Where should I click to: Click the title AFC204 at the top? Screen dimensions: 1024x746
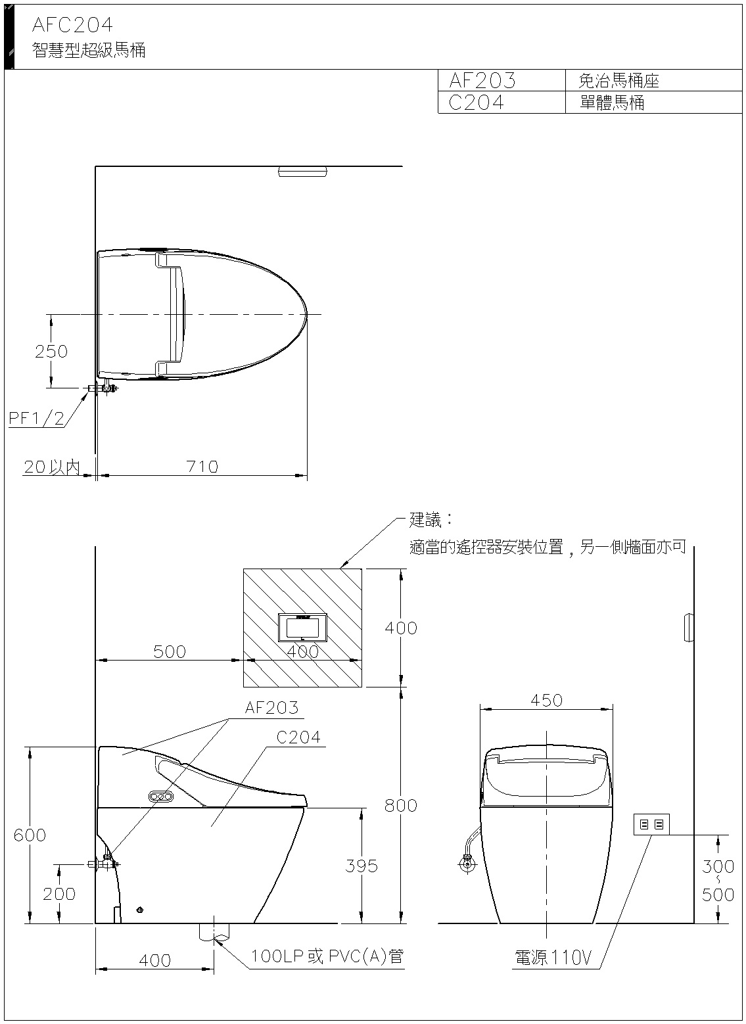(x=72, y=25)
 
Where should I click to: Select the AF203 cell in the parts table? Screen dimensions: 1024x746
(x=482, y=81)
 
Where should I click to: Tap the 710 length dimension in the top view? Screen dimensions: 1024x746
(x=202, y=466)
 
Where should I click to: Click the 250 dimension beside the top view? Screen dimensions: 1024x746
(x=51, y=351)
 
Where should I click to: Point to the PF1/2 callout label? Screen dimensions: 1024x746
(x=37, y=419)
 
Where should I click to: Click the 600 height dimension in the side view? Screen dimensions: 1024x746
(x=30, y=835)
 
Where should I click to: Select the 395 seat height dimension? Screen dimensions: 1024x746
(x=361, y=866)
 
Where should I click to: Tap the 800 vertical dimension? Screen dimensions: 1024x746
(x=401, y=805)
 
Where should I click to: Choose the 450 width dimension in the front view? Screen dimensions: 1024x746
(x=547, y=701)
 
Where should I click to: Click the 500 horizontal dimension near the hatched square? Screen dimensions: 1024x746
(x=170, y=651)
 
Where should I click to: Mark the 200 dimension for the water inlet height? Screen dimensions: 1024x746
(x=59, y=893)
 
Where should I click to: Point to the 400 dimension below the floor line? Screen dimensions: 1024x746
(x=155, y=960)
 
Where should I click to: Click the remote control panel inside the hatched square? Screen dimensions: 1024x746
(x=303, y=627)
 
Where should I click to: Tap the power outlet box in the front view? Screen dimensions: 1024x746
(x=651, y=824)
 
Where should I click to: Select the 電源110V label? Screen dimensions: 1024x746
(x=553, y=958)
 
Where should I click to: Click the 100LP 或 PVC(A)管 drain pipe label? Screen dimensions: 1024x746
(x=327, y=956)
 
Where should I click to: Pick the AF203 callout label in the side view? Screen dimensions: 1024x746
(x=271, y=708)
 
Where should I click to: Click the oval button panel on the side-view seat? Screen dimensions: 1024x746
(x=162, y=797)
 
